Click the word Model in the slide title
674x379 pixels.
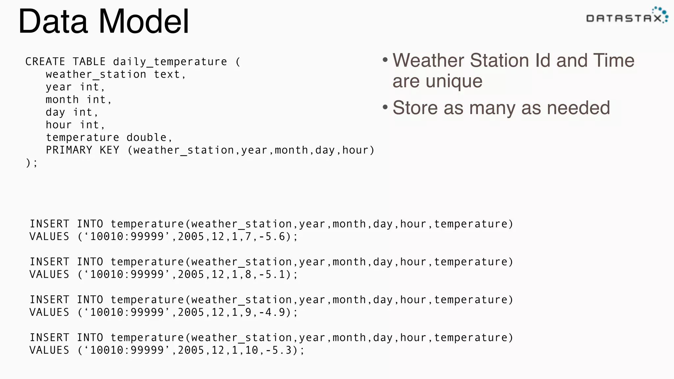click(144, 22)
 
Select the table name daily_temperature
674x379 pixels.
click(170, 62)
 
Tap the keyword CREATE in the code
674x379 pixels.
click(45, 62)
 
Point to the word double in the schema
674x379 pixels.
click(146, 138)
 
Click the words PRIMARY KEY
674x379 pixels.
click(82, 150)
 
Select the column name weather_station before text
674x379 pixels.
click(96, 75)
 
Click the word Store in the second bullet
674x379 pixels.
click(415, 108)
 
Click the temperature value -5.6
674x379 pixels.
click(272, 237)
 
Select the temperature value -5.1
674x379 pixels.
click(272, 274)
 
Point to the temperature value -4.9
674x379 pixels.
click(272, 312)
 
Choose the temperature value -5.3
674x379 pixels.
click(279, 350)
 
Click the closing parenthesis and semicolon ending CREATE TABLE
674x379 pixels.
click(32, 163)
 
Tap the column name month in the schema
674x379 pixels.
click(62, 100)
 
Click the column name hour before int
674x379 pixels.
click(59, 125)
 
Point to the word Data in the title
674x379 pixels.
click(53, 22)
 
